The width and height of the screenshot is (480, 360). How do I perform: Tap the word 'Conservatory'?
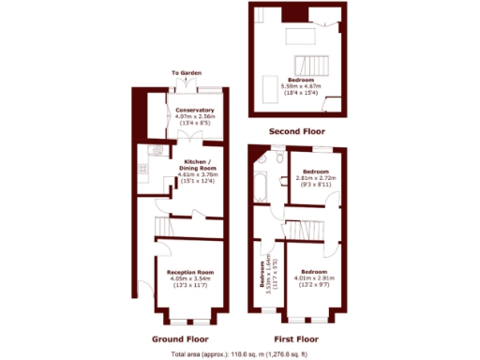click(195, 110)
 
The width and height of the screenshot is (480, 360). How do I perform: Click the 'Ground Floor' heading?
click(181, 338)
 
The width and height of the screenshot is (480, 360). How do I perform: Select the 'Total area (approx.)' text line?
click(239, 354)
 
